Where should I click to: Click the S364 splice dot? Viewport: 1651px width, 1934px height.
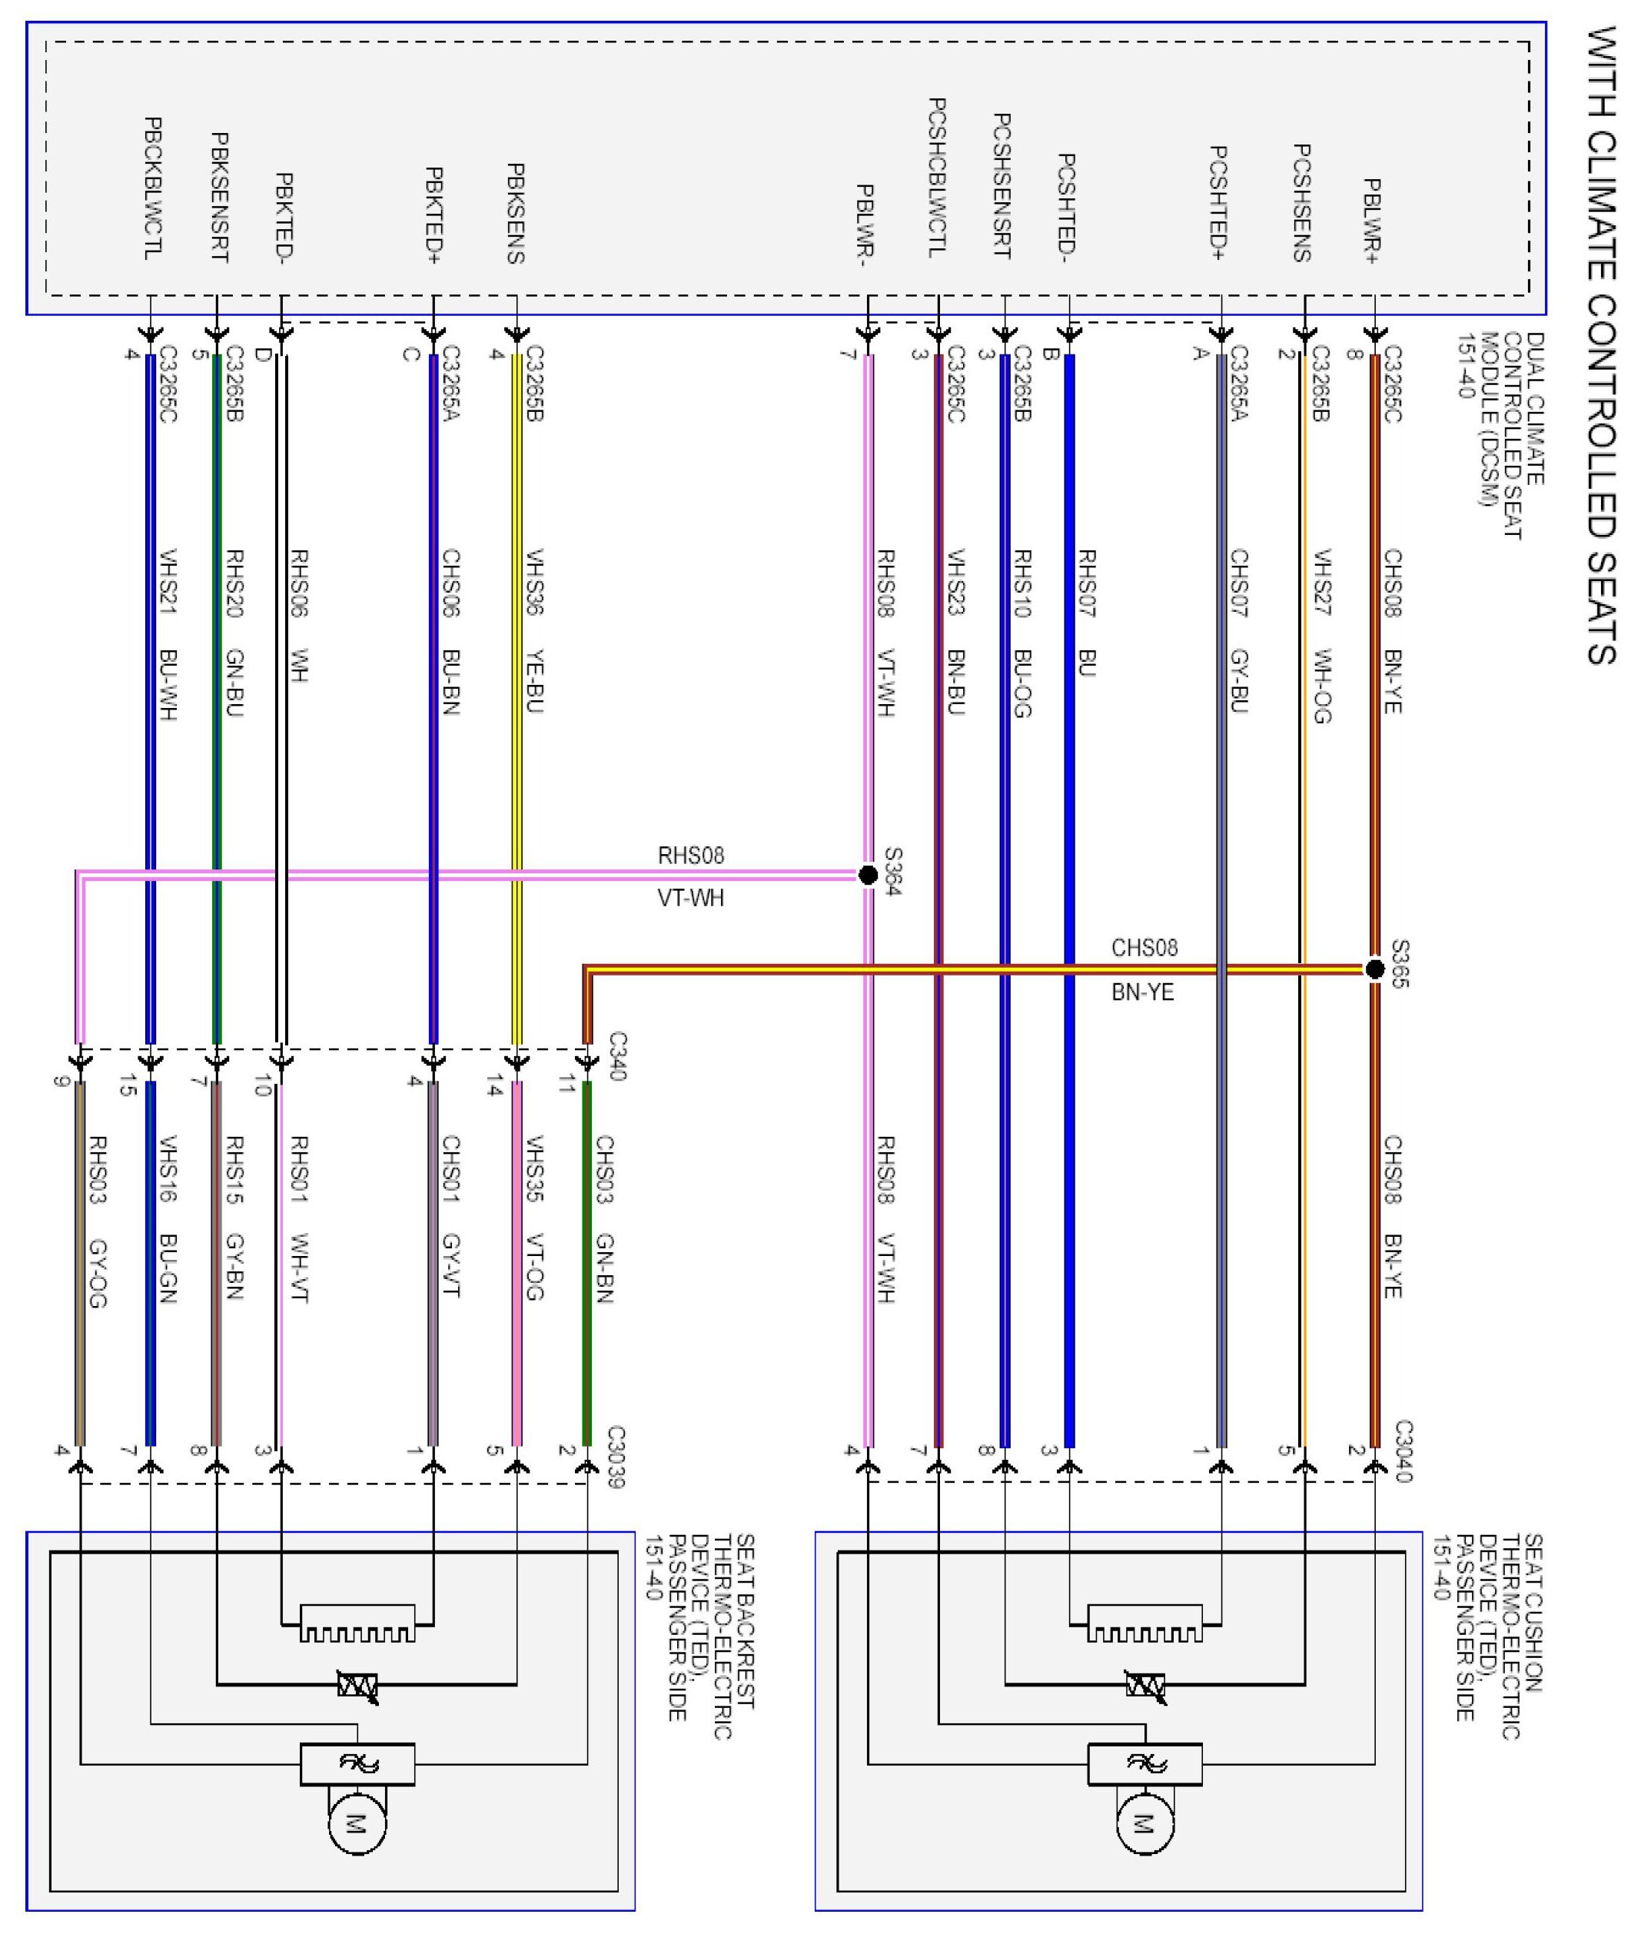(867, 875)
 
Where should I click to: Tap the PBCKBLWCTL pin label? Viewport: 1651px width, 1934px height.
(153, 188)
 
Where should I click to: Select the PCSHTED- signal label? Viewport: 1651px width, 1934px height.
(1067, 204)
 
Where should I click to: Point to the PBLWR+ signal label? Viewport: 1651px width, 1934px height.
(1371, 221)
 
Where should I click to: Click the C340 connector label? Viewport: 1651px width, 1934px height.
(617, 1055)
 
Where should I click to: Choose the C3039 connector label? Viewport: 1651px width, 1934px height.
(615, 1456)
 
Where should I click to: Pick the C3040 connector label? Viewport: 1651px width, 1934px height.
(1404, 1451)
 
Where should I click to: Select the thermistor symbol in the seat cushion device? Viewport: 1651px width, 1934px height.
(1144, 1685)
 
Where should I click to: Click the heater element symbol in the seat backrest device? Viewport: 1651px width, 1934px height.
(357, 1626)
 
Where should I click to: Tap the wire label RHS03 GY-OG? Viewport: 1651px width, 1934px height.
(97, 1222)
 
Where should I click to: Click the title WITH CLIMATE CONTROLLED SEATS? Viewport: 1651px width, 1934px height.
(1602, 345)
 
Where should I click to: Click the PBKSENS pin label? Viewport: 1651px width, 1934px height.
(514, 214)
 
